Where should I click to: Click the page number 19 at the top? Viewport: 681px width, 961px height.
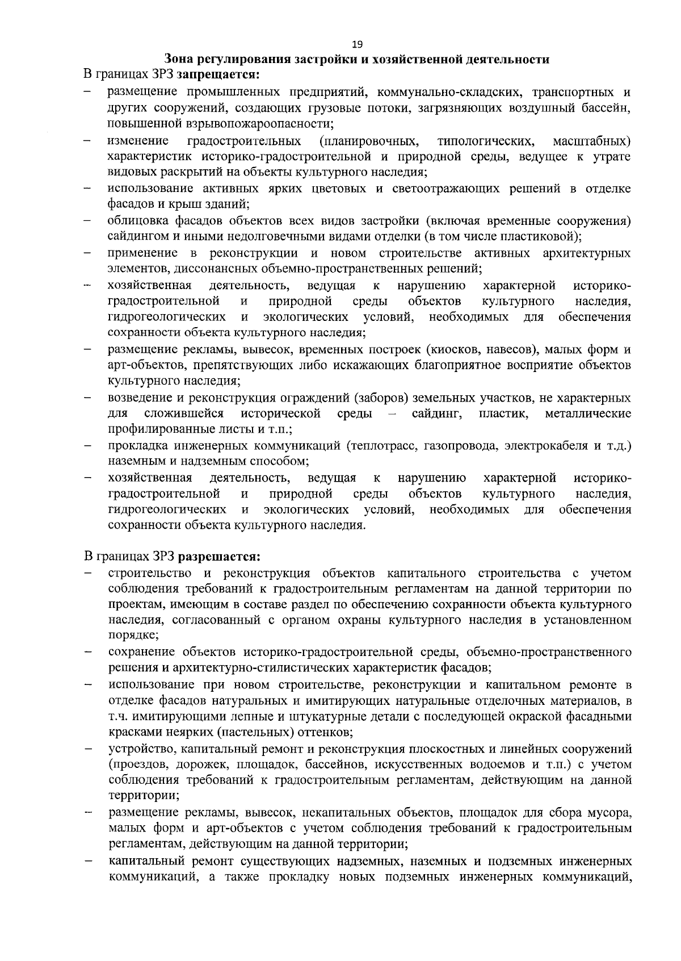pos(357,45)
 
